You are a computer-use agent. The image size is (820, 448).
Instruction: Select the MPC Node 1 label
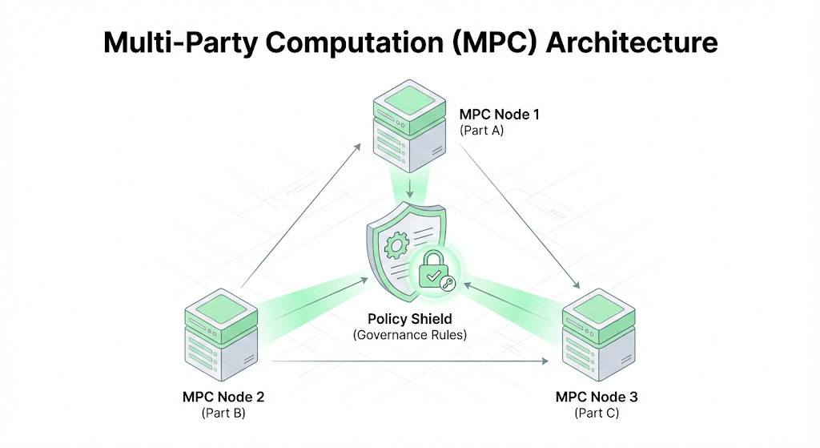click(x=499, y=114)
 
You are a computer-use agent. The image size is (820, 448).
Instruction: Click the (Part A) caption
click(x=481, y=130)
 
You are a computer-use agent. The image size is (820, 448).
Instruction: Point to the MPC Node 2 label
click(x=224, y=397)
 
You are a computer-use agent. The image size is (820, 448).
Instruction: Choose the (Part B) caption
click(x=223, y=414)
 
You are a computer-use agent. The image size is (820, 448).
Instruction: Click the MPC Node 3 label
click(x=597, y=397)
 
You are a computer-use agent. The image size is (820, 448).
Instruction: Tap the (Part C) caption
click(x=597, y=414)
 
